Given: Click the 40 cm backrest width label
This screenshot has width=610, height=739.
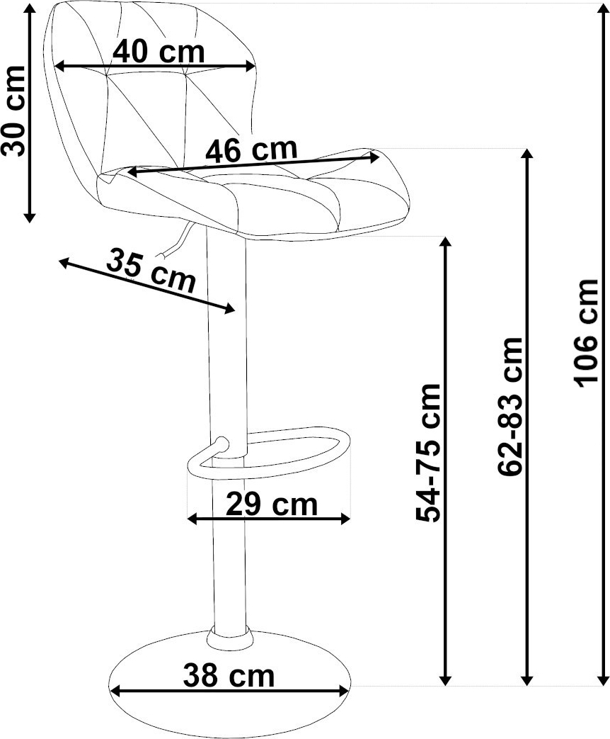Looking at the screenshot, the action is point(159,51).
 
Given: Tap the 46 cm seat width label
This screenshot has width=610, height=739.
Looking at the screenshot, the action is point(252,150).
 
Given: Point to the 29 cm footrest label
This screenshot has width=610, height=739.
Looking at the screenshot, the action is point(272,504).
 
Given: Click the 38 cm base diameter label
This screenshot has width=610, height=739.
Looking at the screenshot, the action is point(229,675).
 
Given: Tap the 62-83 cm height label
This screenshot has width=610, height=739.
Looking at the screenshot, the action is point(510,407).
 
